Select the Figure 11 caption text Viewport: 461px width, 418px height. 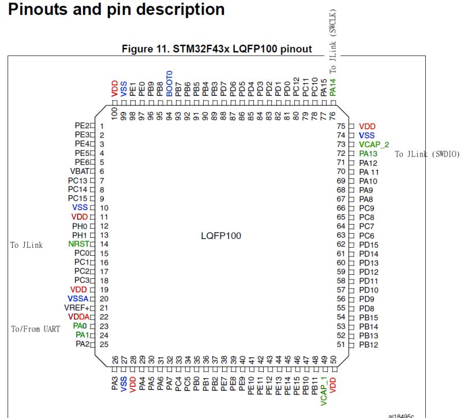[216, 49]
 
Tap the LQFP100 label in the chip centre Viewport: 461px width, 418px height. [221, 236]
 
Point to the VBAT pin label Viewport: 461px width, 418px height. [80, 171]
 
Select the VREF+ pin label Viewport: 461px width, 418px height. [78, 308]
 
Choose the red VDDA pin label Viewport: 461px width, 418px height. [78, 317]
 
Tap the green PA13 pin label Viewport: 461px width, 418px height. [368, 154]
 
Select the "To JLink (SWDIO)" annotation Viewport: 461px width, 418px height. [427, 154]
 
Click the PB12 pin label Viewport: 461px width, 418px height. [368, 345]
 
